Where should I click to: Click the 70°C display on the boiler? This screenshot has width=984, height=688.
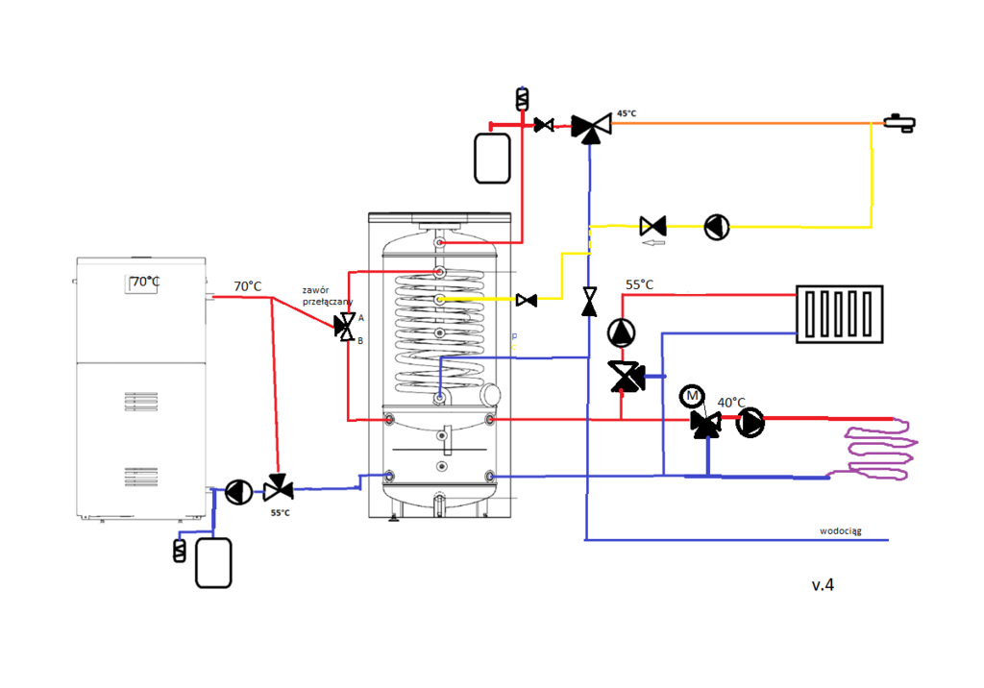(x=144, y=283)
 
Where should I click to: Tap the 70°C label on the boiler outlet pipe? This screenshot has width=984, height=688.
(x=248, y=286)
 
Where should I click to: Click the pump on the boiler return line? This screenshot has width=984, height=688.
(x=238, y=491)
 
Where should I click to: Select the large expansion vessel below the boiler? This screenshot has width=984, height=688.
(x=213, y=563)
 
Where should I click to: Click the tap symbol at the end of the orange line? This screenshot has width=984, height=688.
(x=900, y=122)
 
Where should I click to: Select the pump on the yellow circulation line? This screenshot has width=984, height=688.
(x=717, y=227)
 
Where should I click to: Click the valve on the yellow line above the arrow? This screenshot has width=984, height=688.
(x=653, y=227)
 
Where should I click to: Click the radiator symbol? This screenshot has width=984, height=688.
(x=839, y=314)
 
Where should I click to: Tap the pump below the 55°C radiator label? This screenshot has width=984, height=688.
(x=622, y=332)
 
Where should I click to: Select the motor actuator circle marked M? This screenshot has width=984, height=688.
(x=691, y=397)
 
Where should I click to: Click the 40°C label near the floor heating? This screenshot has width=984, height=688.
(x=732, y=402)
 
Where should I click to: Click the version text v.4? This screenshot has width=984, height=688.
(x=822, y=584)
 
